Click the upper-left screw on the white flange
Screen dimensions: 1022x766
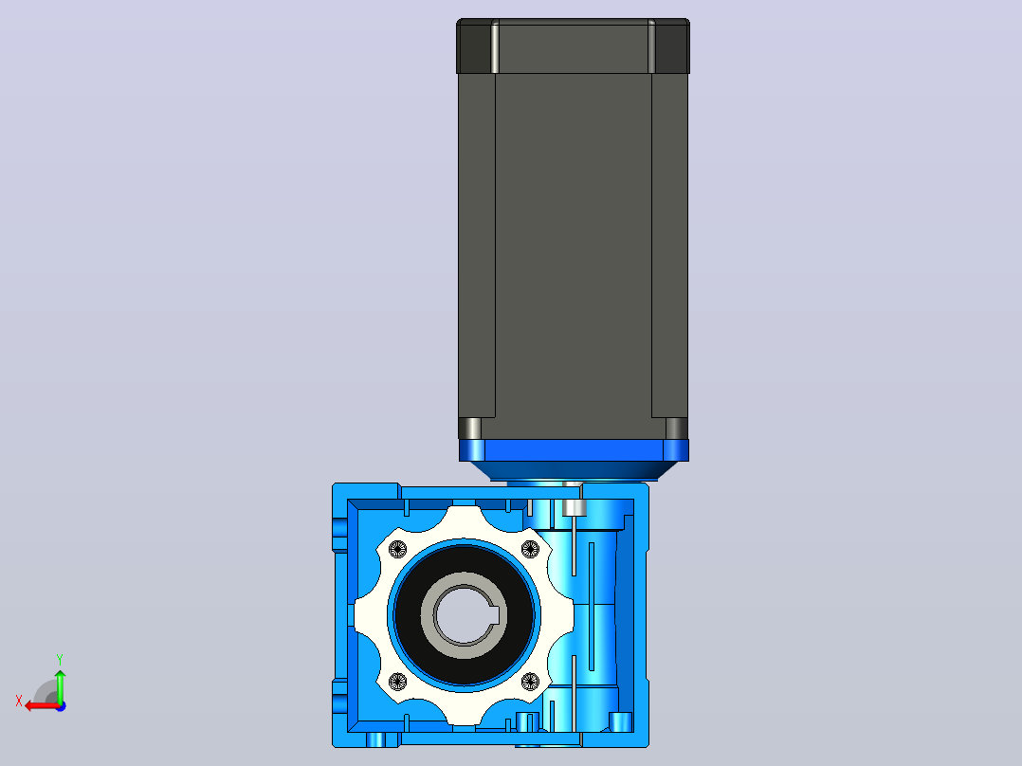click(x=397, y=550)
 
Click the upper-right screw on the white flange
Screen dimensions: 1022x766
click(x=531, y=550)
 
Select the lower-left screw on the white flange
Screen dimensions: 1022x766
click(x=397, y=682)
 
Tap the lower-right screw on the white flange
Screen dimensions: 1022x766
click(x=531, y=682)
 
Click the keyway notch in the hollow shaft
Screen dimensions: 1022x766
click(x=495, y=614)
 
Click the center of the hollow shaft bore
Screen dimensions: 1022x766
click(x=464, y=614)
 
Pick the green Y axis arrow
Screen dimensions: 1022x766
click(x=60, y=685)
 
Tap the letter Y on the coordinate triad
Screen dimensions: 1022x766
click(x=60, y=659)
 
